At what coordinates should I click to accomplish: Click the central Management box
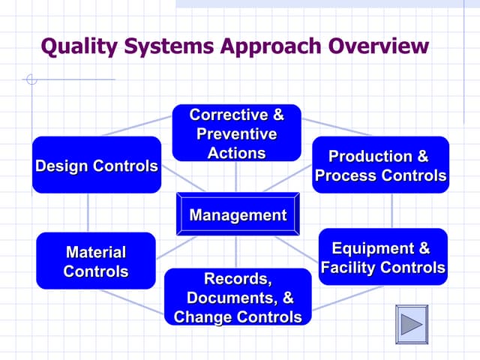[x=238, y=215]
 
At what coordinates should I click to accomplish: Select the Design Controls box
[x=97, y=165]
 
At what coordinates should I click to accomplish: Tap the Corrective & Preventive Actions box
[x=236, y=133]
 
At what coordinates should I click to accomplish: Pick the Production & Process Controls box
[x=380, y=165]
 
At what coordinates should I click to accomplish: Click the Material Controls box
[x=96, y=261]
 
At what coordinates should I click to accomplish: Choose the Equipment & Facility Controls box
[x=382, y=257]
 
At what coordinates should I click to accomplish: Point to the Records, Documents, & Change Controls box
[x=238, y=298]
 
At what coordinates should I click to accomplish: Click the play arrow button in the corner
[x=412, y=324]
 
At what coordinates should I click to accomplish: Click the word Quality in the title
[x=77, y=46]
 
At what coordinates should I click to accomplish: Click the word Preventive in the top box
[x=236, y=134]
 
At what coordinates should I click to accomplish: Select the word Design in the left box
[x=61, y=166]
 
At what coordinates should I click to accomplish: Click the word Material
[x=96, y=252]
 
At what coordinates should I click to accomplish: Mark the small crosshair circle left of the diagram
[x=31, y=79]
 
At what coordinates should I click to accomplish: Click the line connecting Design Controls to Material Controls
[x=88, y=212]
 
